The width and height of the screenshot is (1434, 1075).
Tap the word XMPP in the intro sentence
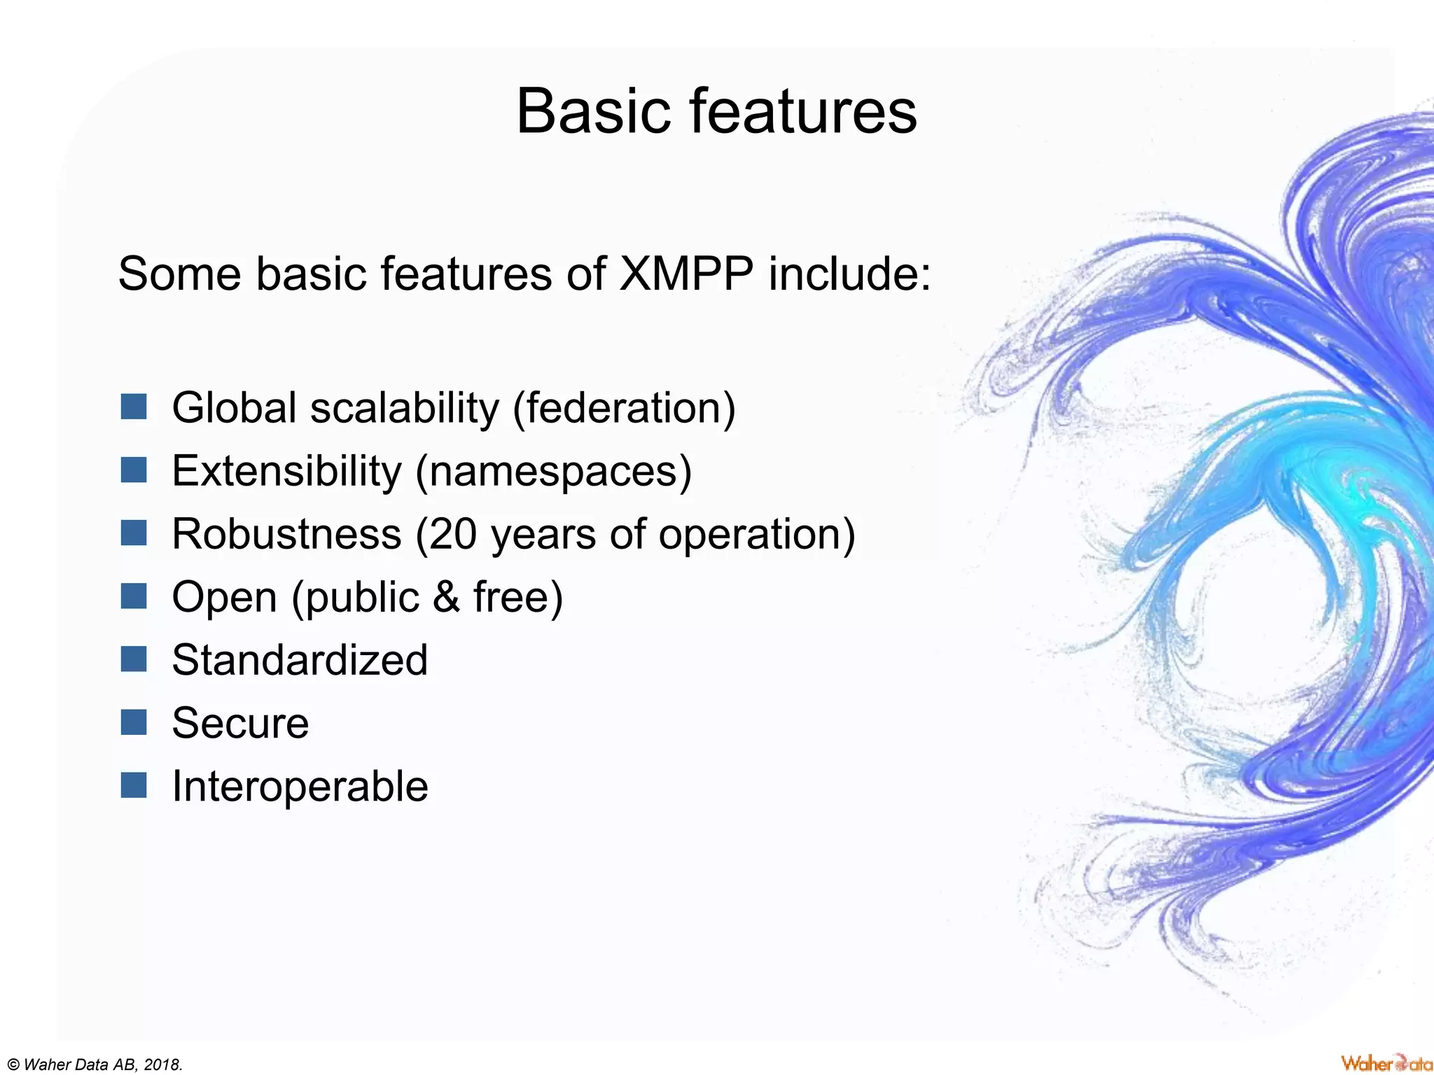tap(686, 274)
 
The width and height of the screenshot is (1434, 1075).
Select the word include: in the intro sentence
tap(850, 274)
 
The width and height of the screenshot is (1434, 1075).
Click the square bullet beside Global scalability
tap(134, 407)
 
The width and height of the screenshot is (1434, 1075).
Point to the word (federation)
tap(624, 408)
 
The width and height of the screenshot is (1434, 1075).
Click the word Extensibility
tap(286, 471)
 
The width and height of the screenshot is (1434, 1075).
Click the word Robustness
tap(286, 534)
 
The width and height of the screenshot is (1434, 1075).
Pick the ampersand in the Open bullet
tap(446, 597)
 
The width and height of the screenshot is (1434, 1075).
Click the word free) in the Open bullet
tap(518, 597)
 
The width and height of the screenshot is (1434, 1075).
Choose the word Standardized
tap(300, 660)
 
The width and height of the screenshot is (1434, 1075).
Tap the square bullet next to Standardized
tap(134, 659)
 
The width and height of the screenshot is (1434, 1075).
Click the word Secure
tap(240, 723)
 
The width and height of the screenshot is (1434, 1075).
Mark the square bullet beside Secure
tap(134, 722)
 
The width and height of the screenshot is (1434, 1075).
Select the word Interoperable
tap(300, 786)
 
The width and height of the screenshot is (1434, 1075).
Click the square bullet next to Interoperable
tap(134, 785)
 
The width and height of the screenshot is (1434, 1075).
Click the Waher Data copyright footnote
tap(92, 1065)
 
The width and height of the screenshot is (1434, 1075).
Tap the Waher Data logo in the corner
tap(1386, 1063)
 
